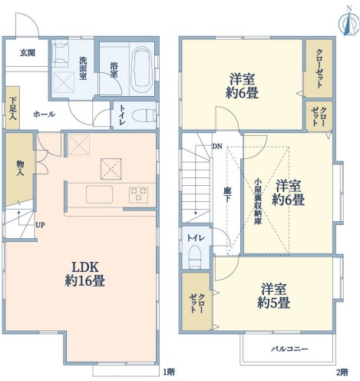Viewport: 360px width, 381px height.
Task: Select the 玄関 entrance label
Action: pyautogui.click(x=28, y=53)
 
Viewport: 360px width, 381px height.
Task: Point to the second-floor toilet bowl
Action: pyautogui.click(x=195, y=257)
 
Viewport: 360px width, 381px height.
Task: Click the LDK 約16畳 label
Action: pyautogui.click(x=85, y=274)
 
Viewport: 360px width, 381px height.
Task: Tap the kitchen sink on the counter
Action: pyautogui.click(x=99, y=194)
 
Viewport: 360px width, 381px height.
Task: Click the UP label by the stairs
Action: pyautogui.click(x=40, y=225)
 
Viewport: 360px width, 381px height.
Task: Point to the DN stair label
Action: pyautogui.click(x=217, y=147)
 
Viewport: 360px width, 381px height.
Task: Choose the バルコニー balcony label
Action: pyautogui.click(x=289, y=349)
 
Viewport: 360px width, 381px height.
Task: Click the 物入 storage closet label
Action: pyautogui.click(x=20, y=168)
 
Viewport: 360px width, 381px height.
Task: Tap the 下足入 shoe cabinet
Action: pyautogui.click(x=12, y=108)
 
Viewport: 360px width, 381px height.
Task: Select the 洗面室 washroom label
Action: pyautogui.click(x=83, y=68)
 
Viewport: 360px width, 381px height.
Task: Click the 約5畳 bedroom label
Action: pyautogui.click(x=273, y=296)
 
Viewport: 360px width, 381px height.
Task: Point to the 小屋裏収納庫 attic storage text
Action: pyautogui.click(x=257, y=201)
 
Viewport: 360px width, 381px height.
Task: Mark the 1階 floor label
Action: pyautogui.click(x=169, y=372)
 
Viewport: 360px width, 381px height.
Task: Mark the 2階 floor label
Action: pyautogui.click(x=342, y=372)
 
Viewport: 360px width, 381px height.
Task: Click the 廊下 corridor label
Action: pyautogui.click(x=227, y=195)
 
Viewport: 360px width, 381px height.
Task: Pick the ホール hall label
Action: pyautogui.click(x=44, y=114)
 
